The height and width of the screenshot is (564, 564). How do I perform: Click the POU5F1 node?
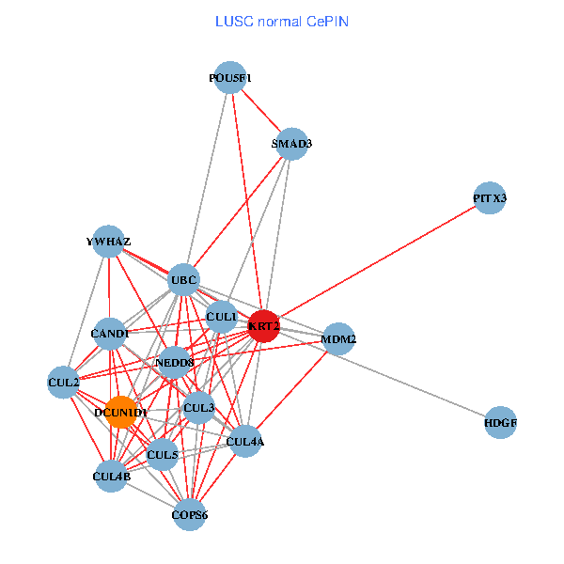coord(230,78)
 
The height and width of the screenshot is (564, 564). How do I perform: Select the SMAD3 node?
coord(292,144)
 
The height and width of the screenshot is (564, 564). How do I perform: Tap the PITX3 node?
coord(490,198)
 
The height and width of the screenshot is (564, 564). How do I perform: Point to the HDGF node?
coord(501,423)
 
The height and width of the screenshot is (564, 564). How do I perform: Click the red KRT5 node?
coord(264,326)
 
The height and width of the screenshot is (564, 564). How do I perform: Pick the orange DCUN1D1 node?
coord(121,412)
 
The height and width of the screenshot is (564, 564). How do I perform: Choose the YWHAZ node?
coord(109,242)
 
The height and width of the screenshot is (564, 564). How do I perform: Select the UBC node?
coord(183,279)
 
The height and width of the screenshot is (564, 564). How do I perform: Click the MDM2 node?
coord(338,337)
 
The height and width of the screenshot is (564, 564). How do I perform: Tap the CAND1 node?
coord(111,333)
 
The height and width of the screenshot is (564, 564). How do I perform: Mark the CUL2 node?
coord(63,382)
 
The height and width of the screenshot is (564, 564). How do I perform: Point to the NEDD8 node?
coord(174,362)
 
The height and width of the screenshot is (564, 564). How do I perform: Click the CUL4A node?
coord(245,441)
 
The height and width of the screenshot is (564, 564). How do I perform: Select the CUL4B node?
coord(112,477)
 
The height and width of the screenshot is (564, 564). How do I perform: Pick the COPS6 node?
coord(190,514)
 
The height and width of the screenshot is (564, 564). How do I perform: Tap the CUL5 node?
coord(163,456)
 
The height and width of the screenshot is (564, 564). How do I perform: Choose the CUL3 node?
coord(199,408)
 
